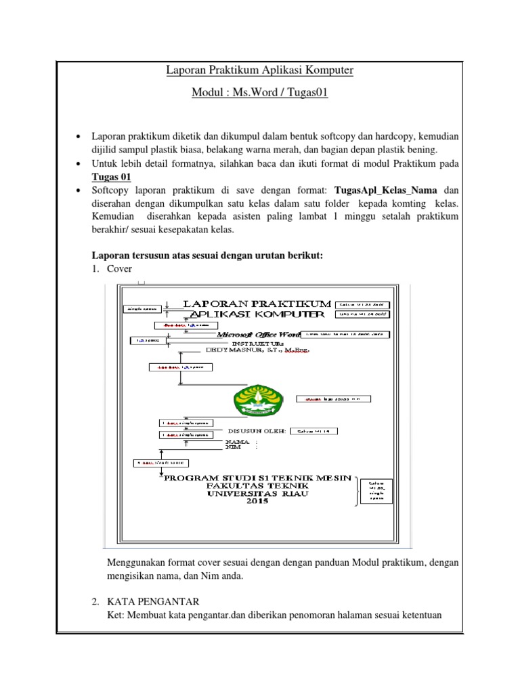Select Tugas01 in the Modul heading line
coord(306,93)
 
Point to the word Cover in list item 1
coord(120,268)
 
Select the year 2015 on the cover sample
coord(257,502)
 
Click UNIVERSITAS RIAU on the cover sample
coord(257,493)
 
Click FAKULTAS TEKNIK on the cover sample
coord(257,485)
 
